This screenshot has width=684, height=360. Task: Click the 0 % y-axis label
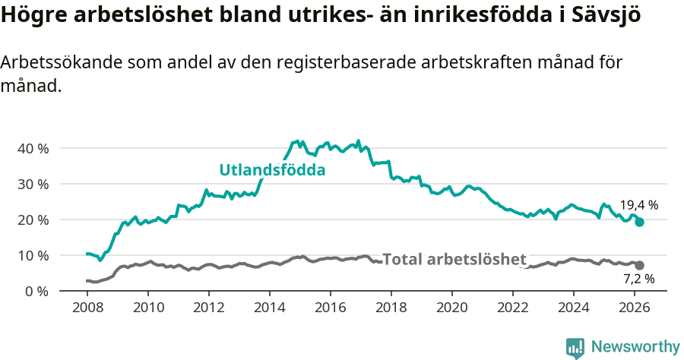(36, 291)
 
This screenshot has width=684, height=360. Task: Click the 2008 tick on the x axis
(87, 308)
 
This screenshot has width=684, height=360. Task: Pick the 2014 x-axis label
(270, 308)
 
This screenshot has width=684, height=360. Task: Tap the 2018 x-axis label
(391, 308)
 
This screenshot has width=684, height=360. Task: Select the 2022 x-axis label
(513, 308)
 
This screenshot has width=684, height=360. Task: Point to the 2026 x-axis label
(635, 308)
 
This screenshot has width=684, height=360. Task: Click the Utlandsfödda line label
(272, 170)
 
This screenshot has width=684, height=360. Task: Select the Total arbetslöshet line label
(454, 259)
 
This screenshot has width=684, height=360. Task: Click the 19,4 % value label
(638, 205)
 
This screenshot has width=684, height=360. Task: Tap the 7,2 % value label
(638, 279)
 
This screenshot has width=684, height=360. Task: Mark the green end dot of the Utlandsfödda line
(640, 222)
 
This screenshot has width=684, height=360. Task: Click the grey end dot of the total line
(640, 265)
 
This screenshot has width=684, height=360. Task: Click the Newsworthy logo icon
(575, 347)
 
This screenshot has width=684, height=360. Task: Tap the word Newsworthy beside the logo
(635, 347)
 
